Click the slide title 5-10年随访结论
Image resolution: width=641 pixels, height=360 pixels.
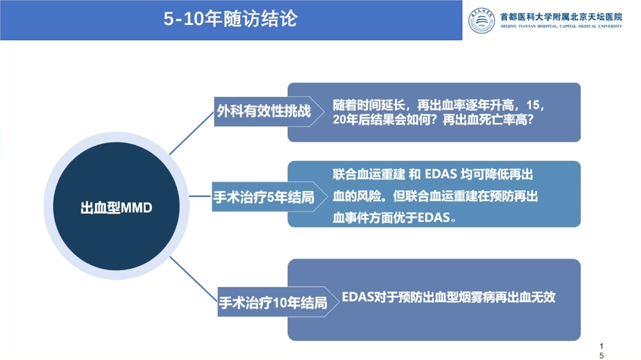tap(231, 19)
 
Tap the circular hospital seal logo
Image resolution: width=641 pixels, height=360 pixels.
tap(481, 21)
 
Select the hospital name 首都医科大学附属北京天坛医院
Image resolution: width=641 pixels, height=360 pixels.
tap(561, 17)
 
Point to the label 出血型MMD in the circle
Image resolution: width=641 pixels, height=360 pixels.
tap(117, 208)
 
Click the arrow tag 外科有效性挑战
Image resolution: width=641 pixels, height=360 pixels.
tap(269, 111)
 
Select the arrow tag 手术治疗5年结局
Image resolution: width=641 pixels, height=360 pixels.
tap(269, 197)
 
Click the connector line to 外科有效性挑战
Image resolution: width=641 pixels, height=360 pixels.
tap(192, 132)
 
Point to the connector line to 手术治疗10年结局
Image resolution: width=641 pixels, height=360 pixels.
tap(193, 279)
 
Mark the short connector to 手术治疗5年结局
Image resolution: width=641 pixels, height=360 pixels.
tap(200, 196)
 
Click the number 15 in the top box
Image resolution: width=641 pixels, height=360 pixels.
tap(532, 105)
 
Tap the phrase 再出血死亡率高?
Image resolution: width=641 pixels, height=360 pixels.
tap(488, 120)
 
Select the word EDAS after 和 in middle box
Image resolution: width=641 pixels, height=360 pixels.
tap(441, 174)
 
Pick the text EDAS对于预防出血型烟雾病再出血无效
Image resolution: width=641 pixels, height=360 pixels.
tap(449, 297)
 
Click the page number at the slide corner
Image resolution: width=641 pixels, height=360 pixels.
tap(601, 351)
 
